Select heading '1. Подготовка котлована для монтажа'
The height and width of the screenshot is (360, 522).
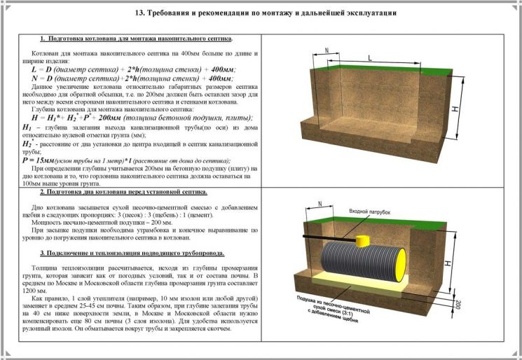click(x=137, y=39)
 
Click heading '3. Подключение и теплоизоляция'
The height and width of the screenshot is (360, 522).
click(x=132, y=252)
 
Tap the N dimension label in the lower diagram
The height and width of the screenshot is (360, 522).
click(x=320, y=205)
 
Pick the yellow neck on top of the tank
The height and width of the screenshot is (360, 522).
click(x=364, y=242)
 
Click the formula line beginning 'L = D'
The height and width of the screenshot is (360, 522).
click(x=133, y=70)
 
